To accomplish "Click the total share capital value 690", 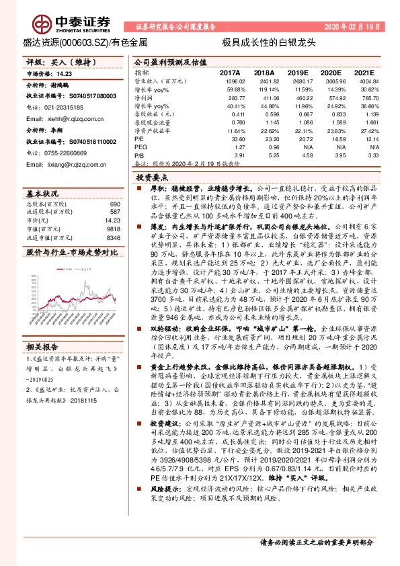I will pos(114,204).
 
